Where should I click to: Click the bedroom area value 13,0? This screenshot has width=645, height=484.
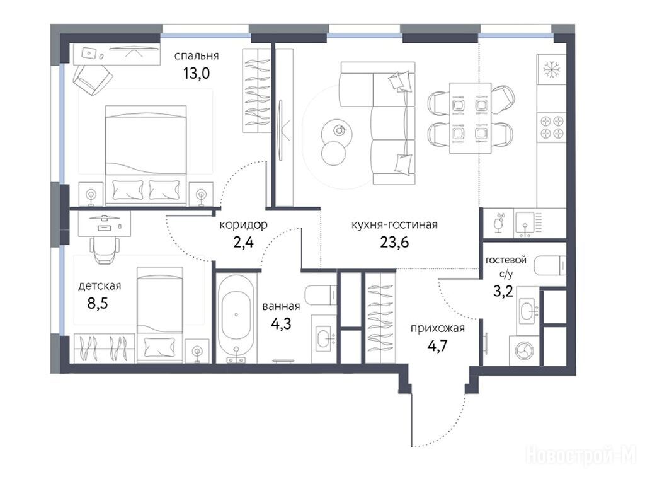pyautogui.click(x=197, y=73)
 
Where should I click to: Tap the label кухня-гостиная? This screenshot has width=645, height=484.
pyautogui.click(x=394, y=225)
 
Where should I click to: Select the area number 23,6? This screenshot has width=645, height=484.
pyautogui.click(x=394, y=243)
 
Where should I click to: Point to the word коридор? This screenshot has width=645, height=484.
pyautogui.click(x=243, y=225)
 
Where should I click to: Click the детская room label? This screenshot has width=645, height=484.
pyautogui.click(x=100, y=285)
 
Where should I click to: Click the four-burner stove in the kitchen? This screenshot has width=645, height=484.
pyautogui.click(x=552, y=127)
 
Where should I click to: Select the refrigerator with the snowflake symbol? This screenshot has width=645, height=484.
pyautogui.click(x=551, y=70)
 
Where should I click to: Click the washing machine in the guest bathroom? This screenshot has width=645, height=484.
pyautogui.click(x=524, y=350)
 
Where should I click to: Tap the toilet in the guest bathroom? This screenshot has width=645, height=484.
pyautogui.click(x=550, y=265)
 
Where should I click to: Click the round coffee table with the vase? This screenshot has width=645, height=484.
pyautogui.click(x=338, y=131)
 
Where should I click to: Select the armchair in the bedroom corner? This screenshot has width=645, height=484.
pyautogui.click(x=93, y=79)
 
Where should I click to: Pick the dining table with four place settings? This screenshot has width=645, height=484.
pyautogui.click(x=470, y=118)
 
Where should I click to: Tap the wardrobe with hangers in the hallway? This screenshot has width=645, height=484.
pyautogui.click(x=380, y=318)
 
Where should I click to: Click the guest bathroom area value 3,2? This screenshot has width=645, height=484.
pyautogui.click(x=503, y=292)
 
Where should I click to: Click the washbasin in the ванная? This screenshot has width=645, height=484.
pyautogui.click(x=325, y=339)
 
